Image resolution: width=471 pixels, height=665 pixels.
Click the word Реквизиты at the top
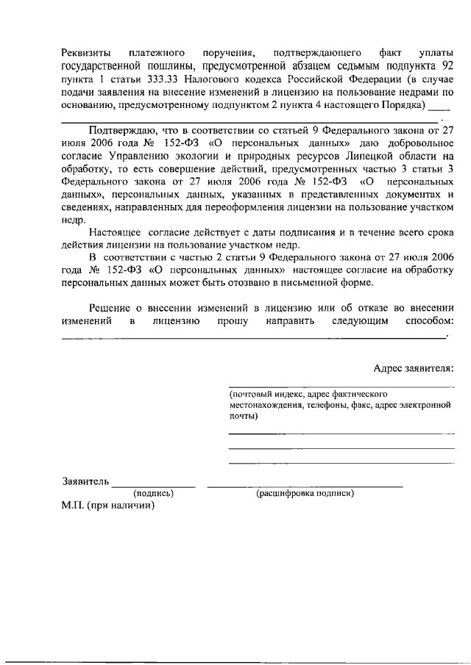click(86, 53)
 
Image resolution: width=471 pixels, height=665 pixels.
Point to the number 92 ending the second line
click(447, 65)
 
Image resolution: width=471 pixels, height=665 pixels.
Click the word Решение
click(110, 308)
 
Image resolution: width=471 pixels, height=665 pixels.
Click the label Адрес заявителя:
click(414, 367)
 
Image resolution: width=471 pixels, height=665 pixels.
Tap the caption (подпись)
click(152, 493)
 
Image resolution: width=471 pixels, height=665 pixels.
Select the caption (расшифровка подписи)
click(305, 493)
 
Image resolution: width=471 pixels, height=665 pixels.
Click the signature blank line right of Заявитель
click(153, 486)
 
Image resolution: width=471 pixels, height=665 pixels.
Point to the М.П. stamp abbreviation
click(74, 506)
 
